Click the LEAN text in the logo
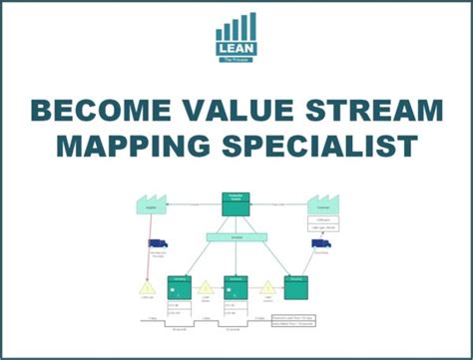click(236, 46)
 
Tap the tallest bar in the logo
click(252, 25)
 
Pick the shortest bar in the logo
click(221, 33)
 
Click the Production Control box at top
click(236, 203)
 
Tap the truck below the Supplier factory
click(158, 243)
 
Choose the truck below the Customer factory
click(321, 243)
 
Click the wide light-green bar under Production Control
click(236, 236)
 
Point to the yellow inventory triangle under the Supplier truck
click(147, 288)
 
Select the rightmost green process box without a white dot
click(294, 287)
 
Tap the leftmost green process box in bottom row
click(181, 287)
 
